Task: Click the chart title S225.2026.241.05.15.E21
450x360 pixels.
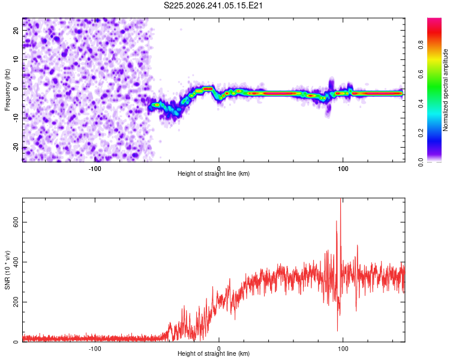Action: coord(213,5)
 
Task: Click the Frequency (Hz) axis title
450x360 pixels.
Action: coord(7,90)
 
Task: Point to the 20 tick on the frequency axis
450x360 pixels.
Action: coord(16,30)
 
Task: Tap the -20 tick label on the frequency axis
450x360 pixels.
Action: coord(16,148)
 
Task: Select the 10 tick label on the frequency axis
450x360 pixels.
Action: coord(16,59)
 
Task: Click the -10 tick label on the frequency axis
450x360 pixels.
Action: coord(16,118)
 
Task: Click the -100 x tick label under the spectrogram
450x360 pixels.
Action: coord(95,169)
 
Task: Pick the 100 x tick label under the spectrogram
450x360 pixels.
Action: coord(343,169)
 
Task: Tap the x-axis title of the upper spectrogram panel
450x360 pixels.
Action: coord(214,173)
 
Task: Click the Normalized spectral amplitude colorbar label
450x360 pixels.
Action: coord(445,90)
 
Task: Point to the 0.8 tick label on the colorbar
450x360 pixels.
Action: coord(421,45)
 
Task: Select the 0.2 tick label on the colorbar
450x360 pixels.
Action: coord(421,133)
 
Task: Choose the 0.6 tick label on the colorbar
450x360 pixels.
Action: coord(421,74)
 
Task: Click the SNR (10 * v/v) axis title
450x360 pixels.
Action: coord(7,270)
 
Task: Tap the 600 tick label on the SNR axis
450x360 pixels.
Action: coord(16,222)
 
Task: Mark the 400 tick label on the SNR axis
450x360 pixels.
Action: coord(16,262)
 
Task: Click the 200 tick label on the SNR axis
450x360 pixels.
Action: coord(16,302)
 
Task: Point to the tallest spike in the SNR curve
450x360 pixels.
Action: coord(341,199)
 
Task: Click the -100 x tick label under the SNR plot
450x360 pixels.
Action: coord(95,349)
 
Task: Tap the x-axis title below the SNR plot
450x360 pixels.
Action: coord(214,353)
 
